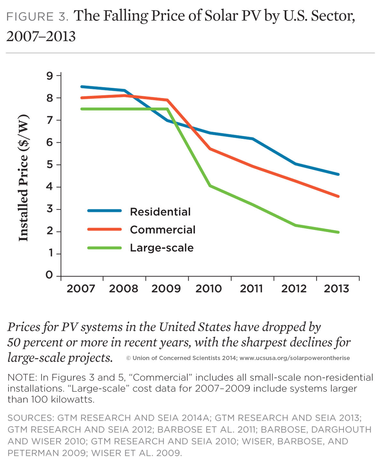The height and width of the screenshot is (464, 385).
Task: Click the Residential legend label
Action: [160, 212]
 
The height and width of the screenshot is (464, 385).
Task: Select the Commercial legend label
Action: [163, 230]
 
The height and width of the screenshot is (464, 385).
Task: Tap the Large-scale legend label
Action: [162, 248]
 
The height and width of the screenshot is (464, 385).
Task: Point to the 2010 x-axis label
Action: [209, 288]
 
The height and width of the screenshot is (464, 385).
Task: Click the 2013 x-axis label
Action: [336, 288]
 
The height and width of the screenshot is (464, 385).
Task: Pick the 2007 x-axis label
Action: [81, 288]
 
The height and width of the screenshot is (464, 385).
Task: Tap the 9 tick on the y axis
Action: [49, 76]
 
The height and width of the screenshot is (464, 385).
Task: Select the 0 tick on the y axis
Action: [49, 275]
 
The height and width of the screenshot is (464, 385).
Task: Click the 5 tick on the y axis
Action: [49, 165]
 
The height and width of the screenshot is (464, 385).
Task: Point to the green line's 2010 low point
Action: [210, 185]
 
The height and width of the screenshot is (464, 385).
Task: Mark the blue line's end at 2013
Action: [338, 175]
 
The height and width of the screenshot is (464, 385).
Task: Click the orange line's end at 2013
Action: [338, 196]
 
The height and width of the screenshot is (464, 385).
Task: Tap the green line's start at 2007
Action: [81, 109]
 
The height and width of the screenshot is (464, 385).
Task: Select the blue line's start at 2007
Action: [81, 87]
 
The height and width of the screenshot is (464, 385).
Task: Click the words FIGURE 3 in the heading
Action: [37, 17]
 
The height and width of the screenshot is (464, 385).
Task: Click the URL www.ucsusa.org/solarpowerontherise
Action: [295, 358]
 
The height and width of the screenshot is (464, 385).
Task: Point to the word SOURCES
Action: [30, 418]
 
